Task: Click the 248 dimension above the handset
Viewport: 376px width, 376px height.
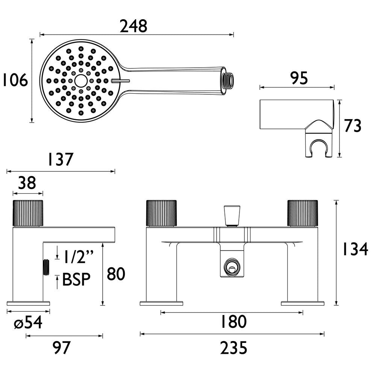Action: click(x=133, y=26)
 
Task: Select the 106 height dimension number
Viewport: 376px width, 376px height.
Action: click(x=14, y=81)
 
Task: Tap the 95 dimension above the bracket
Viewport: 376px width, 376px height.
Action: click(x=299, y=78)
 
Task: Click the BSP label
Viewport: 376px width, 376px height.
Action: click(x=76, y=280)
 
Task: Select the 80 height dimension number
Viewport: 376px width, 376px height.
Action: click(x=116, y=274)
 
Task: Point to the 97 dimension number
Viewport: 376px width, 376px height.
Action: click(x=61, y=348)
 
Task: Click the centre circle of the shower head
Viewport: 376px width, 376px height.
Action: click(x=80, y=80)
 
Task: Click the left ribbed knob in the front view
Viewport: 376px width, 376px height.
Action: click(x=161, y=214)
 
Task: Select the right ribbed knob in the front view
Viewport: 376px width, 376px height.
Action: click(x=302, y=214)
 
